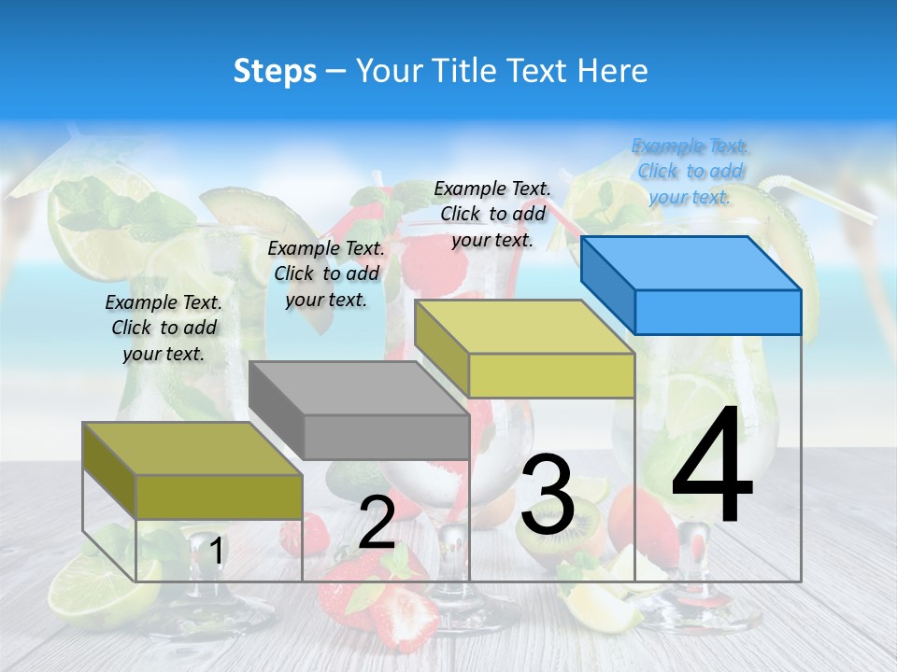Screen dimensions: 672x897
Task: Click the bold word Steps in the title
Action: (275, 71)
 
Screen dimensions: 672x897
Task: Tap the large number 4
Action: (712, 467)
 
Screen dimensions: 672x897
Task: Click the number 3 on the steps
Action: (548, 495)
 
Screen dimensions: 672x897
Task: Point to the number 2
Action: (377, 523)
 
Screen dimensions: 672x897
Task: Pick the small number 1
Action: (216, 551)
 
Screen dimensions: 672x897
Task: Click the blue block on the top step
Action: (691, 285)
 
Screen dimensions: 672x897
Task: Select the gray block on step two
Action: (360, 411)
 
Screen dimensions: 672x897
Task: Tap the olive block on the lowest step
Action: (192, 470)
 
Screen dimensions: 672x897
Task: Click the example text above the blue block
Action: (691, 171)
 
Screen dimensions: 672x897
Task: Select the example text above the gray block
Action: (326, 273)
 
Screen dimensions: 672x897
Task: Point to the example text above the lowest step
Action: (164, 328)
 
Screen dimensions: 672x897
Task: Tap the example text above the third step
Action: (492, 214)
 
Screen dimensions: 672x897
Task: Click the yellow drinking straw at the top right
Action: (822, 200)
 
